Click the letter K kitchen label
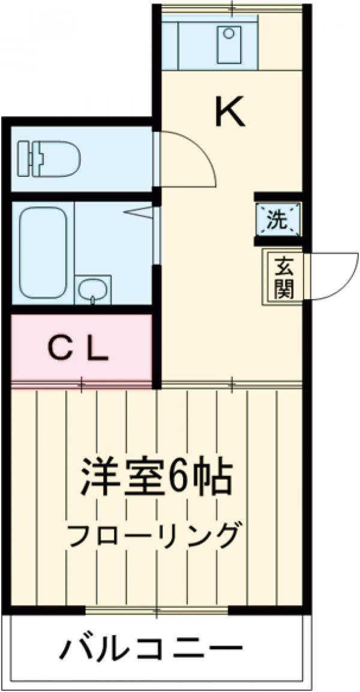click(x=230, y=112)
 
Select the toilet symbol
click(x=49, y=158)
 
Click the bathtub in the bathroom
click(x=43, y=252)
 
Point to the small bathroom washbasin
click(x=93, y=290)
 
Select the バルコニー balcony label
click(x=154, y=649)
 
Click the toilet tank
click(x=25, y=158)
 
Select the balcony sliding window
click(x=157, y=611)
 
